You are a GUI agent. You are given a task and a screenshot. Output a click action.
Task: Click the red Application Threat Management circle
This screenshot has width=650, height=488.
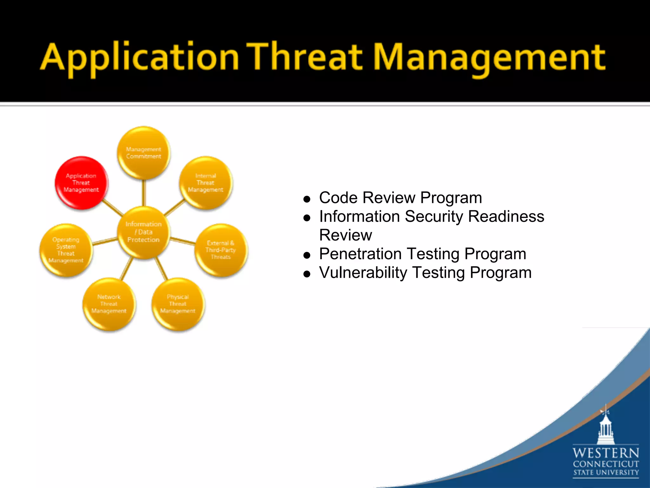81,183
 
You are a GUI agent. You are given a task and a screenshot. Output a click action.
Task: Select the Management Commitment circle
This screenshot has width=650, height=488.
143,153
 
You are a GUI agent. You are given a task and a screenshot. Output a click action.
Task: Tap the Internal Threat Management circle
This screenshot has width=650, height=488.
206,183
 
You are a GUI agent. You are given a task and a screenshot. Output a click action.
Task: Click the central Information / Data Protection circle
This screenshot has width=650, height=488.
143,232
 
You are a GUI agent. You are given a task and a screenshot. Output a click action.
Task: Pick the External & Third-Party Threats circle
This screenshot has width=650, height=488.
221,250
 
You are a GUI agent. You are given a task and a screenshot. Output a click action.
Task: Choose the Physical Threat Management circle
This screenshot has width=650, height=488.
178,304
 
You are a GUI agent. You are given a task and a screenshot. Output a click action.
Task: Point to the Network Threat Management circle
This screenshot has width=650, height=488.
109,304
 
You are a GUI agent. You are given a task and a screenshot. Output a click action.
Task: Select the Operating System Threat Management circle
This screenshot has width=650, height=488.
66,250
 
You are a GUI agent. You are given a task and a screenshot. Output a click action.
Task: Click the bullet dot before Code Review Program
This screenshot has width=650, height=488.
307,200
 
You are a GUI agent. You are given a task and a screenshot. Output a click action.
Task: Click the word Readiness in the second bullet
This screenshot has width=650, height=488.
506,217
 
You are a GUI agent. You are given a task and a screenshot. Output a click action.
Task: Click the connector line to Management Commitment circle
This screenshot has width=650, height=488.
144,193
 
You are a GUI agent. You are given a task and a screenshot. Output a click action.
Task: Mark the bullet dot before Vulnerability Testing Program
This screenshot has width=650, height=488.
307,274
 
